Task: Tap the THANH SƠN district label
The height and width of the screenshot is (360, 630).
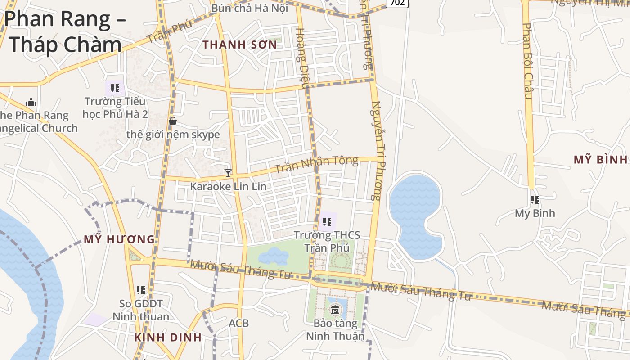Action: click(239, 45)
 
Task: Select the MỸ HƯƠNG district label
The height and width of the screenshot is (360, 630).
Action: click(119, 239)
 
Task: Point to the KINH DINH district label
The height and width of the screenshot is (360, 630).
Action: click(168, 337)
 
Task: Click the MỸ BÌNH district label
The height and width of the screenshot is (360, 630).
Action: click(601, 159)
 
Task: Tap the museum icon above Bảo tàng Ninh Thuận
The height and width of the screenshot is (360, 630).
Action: click(335, 310)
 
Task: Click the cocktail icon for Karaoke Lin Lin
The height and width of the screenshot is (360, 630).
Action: click(228, 173)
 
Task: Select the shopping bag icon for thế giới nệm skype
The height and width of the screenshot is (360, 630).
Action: click(172, 121)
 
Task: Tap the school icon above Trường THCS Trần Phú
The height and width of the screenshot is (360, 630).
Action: click(327, 221)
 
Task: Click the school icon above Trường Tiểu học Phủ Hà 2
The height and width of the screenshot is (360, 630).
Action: click(115, 88)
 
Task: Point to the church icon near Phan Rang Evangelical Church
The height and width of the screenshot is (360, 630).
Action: click(31, 102)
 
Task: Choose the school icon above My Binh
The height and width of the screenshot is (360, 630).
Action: click(535, 199)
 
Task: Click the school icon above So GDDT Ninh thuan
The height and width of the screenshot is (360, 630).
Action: click(141, 290)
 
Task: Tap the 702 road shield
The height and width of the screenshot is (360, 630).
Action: click(397, 3)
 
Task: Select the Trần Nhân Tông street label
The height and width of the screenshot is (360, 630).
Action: click(316, 164)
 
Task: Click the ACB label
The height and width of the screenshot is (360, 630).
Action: click(238, 323)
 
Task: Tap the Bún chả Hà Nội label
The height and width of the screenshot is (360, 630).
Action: click(249, 8)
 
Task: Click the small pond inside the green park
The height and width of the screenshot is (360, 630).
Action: click(273, 256)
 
